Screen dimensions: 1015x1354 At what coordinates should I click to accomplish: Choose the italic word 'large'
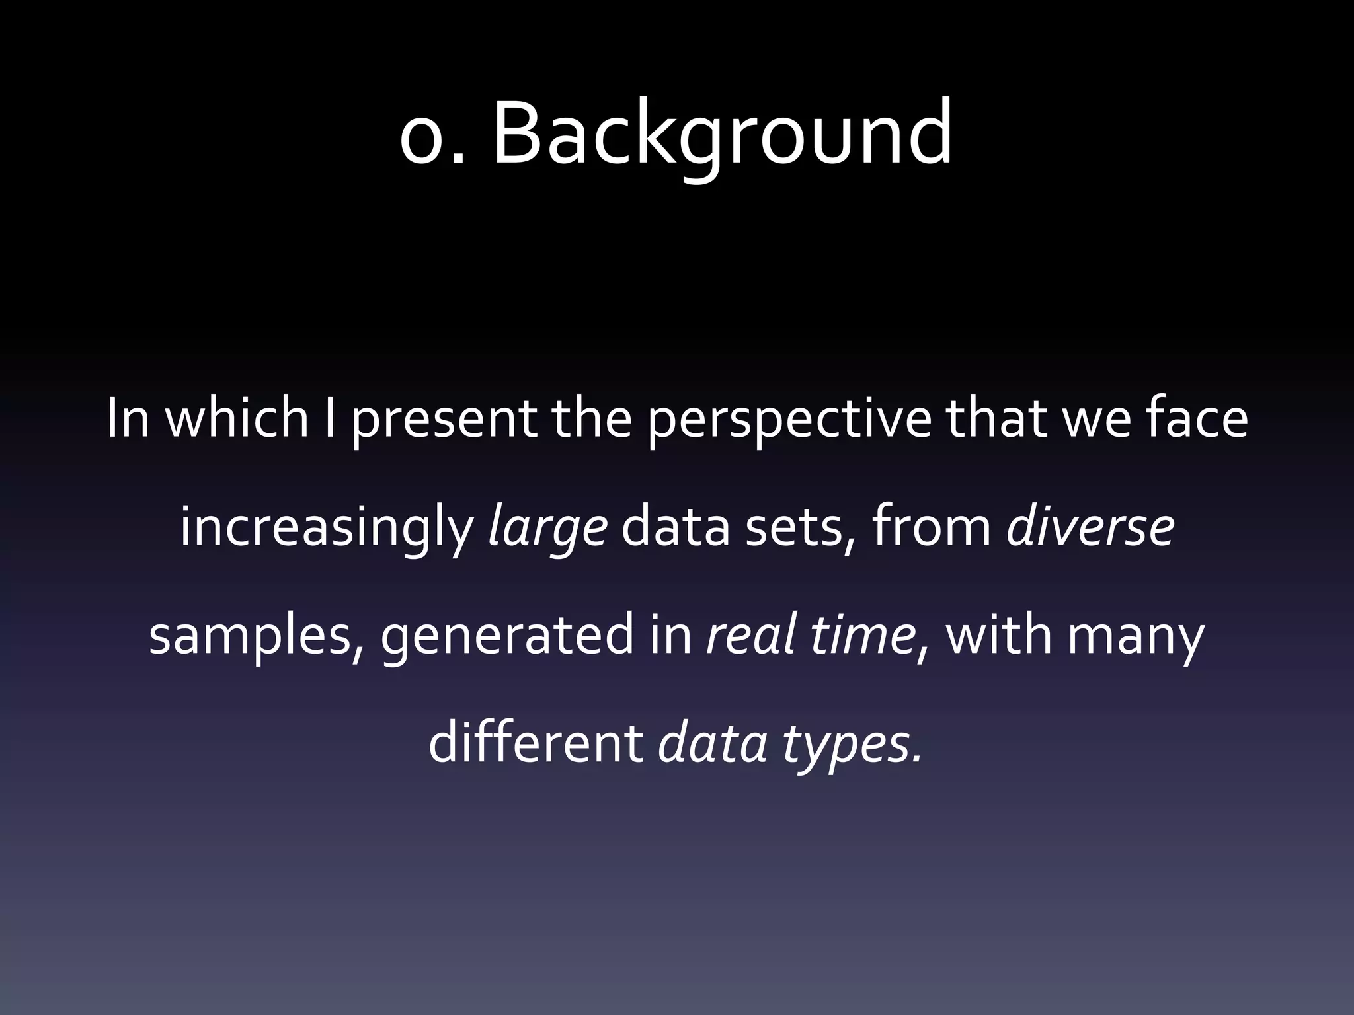pyautogui.click(x=547, y=529)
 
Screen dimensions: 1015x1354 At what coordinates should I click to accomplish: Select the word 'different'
pyautogui.click(x=536, y=743)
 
